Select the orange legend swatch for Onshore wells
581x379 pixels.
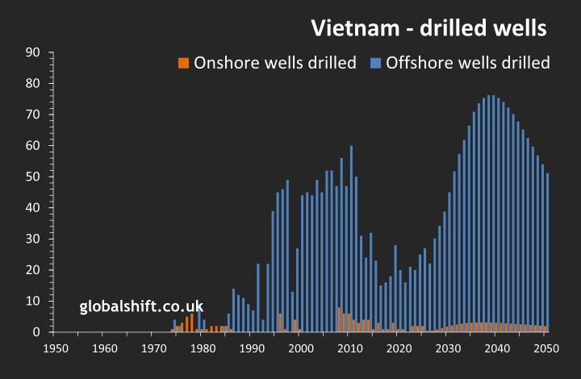184,63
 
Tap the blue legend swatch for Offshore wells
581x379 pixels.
376,63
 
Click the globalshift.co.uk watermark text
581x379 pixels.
141,306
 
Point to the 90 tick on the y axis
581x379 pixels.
35,52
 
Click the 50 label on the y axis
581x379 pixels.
35,177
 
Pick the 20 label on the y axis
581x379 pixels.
35,270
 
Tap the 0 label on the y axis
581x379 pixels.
37,332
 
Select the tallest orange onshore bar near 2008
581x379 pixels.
340,319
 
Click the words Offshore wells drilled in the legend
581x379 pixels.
468,63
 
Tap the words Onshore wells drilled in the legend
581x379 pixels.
275,63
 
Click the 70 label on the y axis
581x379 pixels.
35,115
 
